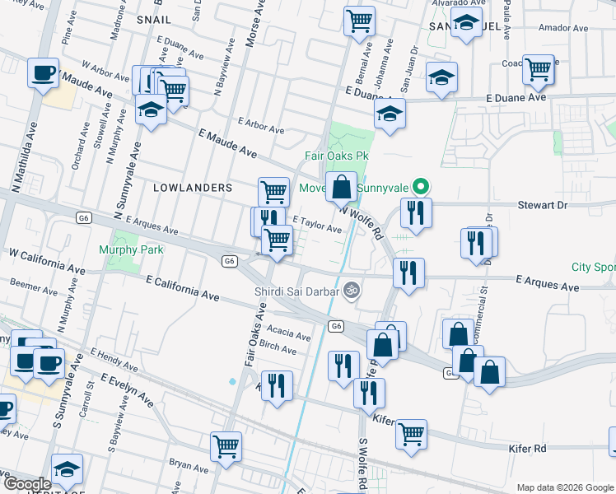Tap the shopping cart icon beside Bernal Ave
(x=358, y=21)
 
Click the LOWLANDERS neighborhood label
(x=193, y=188)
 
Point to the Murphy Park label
(x=131, y=249)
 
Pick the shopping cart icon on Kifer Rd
(x=411, y=433)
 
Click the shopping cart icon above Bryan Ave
(x=226, y=446)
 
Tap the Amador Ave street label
(x=563, y=28)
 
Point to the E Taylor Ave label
(x=317, y=224)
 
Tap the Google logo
(x=27, y=484)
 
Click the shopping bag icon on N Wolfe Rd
(x=341, y=188)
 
